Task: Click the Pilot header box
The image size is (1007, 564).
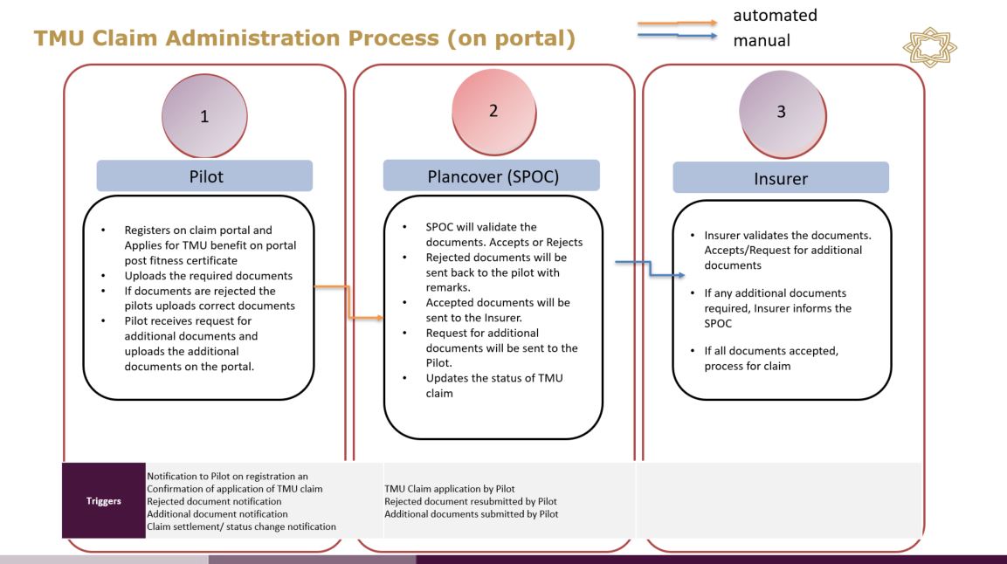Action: [204, 175]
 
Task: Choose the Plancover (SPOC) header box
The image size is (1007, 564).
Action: [492, 175]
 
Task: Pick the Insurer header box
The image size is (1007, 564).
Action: [780, 178]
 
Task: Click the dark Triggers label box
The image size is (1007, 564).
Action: [103, 501]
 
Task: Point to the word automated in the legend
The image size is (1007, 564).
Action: [776, 15]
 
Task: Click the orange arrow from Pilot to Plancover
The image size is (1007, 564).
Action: [348, 302]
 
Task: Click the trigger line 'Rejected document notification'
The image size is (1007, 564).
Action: [215, 501]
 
